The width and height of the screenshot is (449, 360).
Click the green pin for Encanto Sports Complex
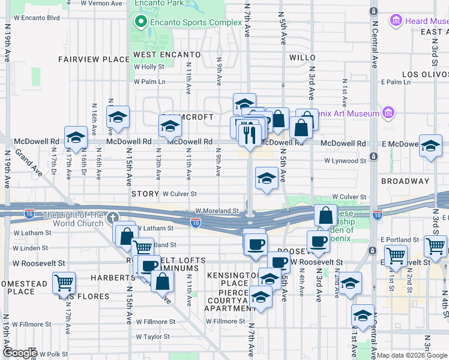(x=141, y=23)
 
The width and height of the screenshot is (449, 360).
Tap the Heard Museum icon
(x=396, y=21)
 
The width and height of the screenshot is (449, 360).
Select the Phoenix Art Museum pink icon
(x=388, y=113)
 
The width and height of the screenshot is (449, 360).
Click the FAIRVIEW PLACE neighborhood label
(x=94, y=59)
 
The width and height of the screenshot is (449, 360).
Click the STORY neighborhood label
(x=145, y=194)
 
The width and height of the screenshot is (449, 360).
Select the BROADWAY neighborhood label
(x=405, y=181)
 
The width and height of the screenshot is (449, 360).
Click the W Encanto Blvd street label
(x=33, y=17)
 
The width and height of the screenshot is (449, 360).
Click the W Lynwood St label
(x=345, y=161)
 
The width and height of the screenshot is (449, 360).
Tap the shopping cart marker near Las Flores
(x=64, y=283)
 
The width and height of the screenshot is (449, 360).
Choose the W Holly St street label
(x=149, y=67)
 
